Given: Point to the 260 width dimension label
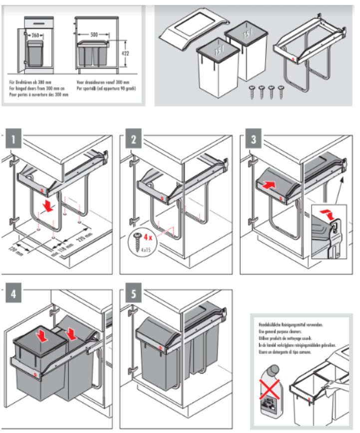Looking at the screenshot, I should tap(35, 35).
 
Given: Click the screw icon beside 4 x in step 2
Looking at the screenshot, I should tap(136, 240).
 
